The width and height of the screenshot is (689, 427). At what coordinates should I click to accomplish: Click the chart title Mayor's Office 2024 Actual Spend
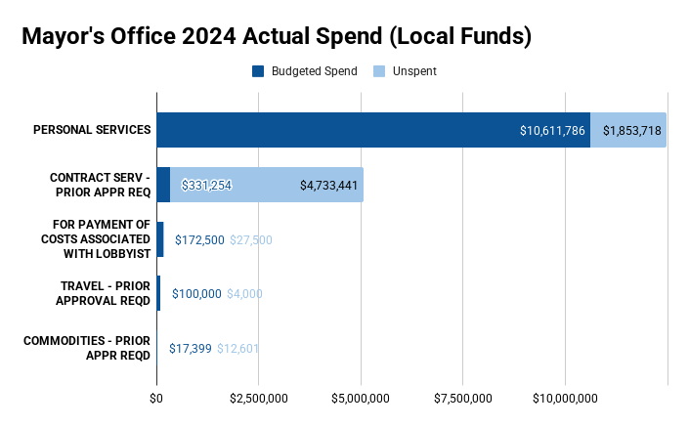tap(277, 37)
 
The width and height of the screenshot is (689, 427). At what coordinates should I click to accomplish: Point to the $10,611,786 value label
tap(552, 130)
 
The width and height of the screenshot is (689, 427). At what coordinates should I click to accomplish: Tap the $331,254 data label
tap(206, 185)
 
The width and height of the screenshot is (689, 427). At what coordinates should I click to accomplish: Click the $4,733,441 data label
tap(328, 185)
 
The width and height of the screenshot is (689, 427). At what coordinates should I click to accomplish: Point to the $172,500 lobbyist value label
tap(198, 239)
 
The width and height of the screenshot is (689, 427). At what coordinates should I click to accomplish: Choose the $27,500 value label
tap(251, 239)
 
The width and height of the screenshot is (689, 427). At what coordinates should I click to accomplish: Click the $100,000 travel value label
tap(196, 293)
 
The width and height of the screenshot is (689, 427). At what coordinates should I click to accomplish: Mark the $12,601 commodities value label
tap(237, 348)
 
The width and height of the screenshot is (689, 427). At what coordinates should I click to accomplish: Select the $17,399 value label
tap(190, 348)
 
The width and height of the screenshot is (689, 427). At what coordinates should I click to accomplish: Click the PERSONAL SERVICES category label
tap(92, 130)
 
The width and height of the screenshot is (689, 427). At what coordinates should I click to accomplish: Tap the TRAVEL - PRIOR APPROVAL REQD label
tap(105, 293)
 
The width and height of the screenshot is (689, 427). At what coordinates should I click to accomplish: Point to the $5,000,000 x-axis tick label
tap(361, 398)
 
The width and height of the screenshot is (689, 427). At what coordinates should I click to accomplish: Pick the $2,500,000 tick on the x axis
tap(258, 398)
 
